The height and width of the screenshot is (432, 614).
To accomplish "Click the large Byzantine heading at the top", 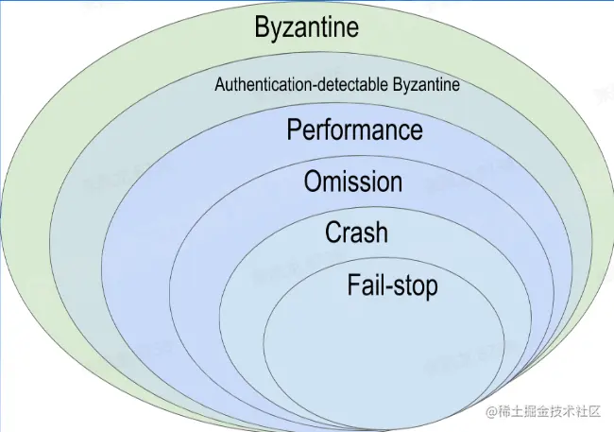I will point(307,27).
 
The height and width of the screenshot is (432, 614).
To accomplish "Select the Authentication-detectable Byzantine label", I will point(337,85).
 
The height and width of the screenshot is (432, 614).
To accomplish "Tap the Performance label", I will point(354,130).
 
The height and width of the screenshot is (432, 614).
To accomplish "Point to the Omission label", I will point(353,181).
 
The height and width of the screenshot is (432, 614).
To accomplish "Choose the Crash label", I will point(356,232).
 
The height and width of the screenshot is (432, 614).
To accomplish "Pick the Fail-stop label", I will point(392,285).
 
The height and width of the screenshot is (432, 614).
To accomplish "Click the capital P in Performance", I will point(295,130).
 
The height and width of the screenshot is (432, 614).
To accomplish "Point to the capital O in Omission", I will point(314,181).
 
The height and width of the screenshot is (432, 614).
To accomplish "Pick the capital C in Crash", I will point(333,232).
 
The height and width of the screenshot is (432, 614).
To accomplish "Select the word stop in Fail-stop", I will point(415,285).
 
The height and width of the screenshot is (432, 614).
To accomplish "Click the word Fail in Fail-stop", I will point(364,284).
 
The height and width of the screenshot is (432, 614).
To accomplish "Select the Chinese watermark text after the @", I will point(550,412).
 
